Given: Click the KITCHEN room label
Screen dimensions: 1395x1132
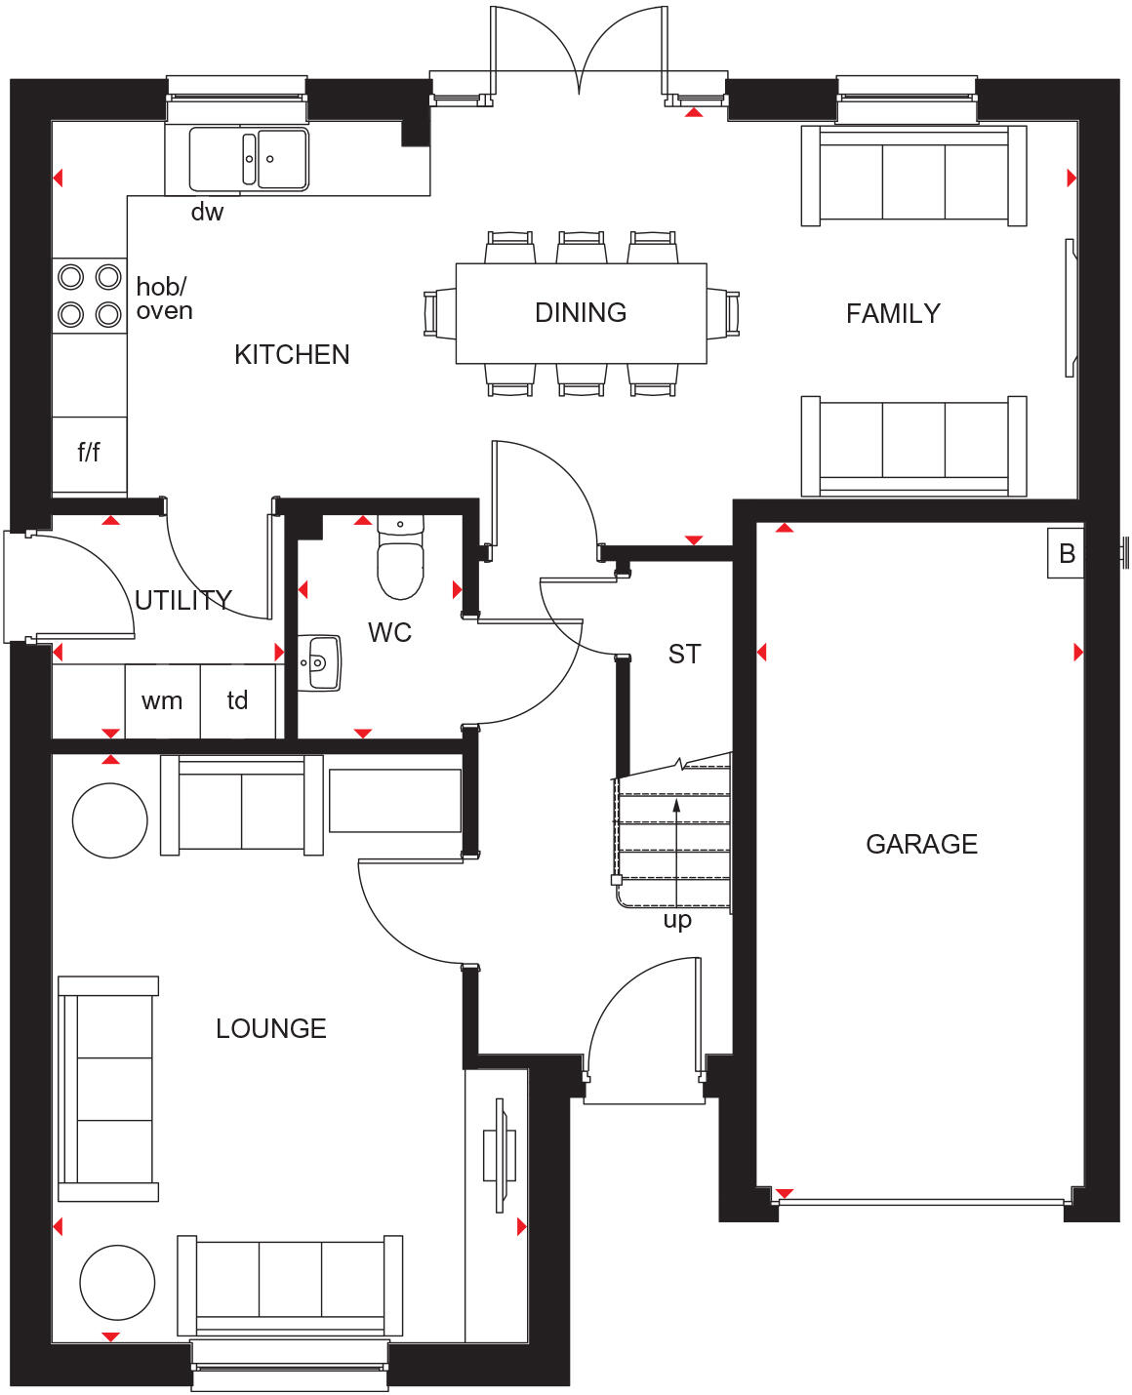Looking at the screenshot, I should tap(292, 354).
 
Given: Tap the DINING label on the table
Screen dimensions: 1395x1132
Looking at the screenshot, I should tap(581, 312).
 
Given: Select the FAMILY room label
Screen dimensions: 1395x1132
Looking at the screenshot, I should tap(893, 313).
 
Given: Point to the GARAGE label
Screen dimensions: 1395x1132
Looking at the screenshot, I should tap(921, 844).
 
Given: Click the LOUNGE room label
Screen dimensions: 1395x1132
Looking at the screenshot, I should tap(270, 1028).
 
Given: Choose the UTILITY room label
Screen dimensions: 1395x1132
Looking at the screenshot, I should tap(183, 600).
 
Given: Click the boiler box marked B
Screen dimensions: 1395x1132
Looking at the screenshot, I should tap(1066, 553).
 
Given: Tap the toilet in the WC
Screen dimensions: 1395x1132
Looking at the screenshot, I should tap(400, 566).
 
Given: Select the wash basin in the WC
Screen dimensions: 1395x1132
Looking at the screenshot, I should tap(321, 663).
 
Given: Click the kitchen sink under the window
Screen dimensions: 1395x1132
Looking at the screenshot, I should tap(249, 159).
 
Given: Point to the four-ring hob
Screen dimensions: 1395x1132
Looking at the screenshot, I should tap(90, 296).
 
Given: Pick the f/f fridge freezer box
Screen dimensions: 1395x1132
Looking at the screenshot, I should tap(89, 453).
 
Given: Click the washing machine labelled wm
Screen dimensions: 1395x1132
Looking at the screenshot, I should tap(162, 700).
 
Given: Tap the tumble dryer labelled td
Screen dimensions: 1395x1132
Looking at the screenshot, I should tap(237, 700).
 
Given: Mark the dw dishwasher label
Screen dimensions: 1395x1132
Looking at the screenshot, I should tap(207, 212).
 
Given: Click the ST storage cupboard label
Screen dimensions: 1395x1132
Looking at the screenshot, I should tap(684, 654).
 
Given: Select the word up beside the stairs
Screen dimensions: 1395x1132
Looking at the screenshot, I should tap(677, 920).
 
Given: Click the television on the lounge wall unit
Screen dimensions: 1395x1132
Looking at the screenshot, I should tap(501, 1156).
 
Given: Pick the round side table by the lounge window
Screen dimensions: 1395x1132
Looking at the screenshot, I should tap(117, 1283).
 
